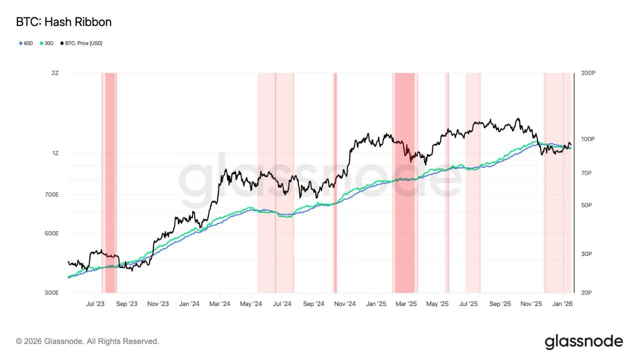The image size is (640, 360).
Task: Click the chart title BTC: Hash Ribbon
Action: [x=63, y=22]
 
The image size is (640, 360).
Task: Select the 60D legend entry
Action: [x=26, y=43]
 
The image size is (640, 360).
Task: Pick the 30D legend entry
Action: [x=46, y=43]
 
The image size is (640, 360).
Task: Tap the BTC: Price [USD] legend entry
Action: [x=81, y=43]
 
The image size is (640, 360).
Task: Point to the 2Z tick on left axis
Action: [x=55, y=73]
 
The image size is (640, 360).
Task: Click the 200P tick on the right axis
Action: [x=588, y=73]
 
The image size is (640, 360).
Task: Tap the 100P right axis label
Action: [x=588, y=139]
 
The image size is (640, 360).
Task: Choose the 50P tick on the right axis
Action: [x=586, y=205]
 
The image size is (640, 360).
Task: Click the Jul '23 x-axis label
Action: [x=95, y=303]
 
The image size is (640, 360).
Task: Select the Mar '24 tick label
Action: [x=219, y=303]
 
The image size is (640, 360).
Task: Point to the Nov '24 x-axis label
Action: [x=344, y=303]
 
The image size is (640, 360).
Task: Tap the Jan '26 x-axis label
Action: [x=562, y=303]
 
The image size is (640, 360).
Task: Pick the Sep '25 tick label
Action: [x=500, y=303]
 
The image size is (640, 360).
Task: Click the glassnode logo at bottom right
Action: [x=583, y=342]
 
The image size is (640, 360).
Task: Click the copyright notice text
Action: [x=87, y=341]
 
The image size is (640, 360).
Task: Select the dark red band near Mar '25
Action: [x=404, y=182]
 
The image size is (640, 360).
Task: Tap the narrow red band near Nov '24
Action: [x=335, y=182]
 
